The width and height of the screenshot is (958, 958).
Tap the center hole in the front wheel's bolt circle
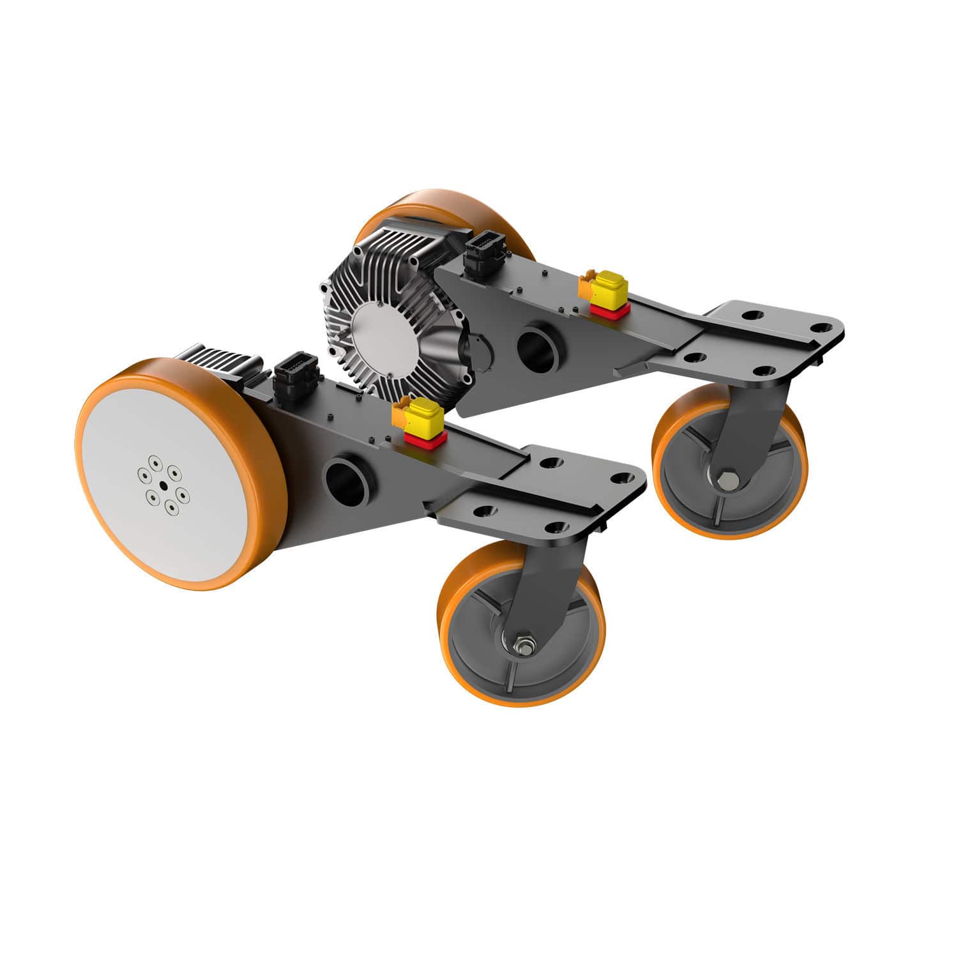(163, 486)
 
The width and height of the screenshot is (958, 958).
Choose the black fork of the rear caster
(754, 422)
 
